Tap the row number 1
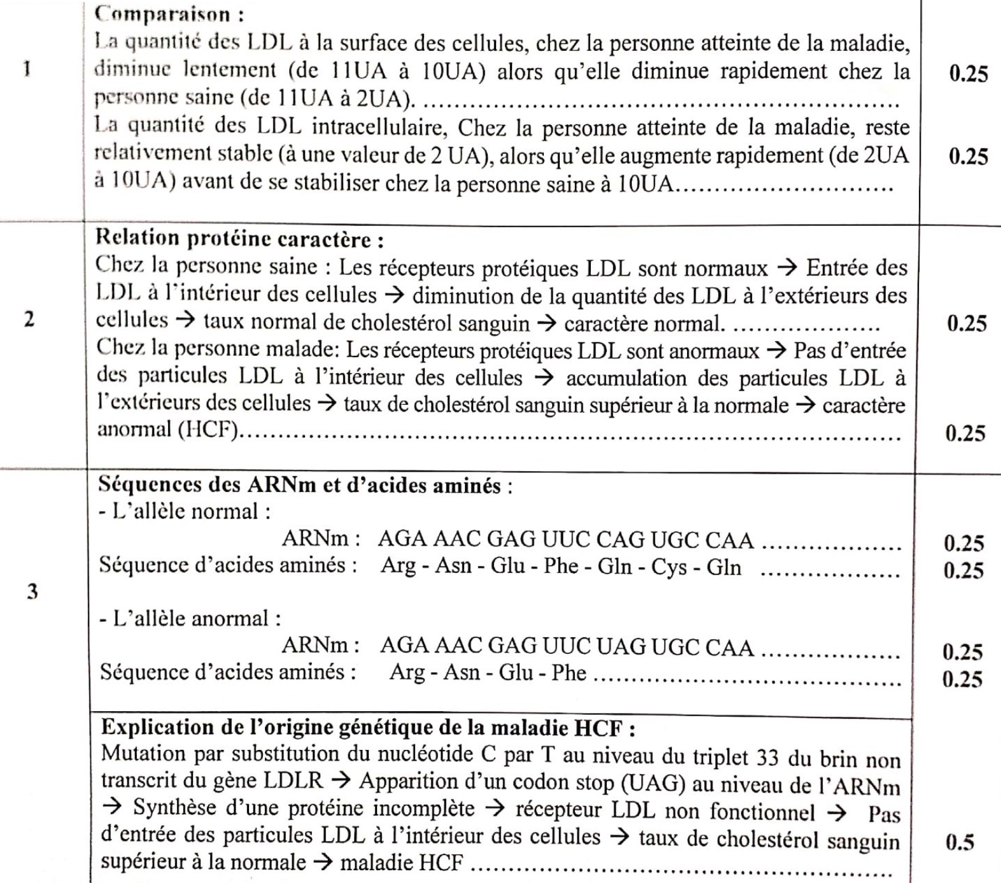(27, 69)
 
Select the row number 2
(29, 319)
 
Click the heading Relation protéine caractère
(239, 239)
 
